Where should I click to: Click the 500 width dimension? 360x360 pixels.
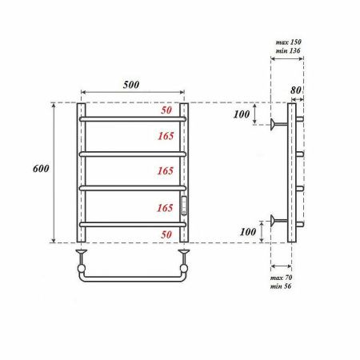133,84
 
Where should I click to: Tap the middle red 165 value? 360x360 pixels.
165,170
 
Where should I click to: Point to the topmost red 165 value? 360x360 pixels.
165,135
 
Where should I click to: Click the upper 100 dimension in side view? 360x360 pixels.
240,114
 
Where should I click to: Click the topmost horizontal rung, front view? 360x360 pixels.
133,119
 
